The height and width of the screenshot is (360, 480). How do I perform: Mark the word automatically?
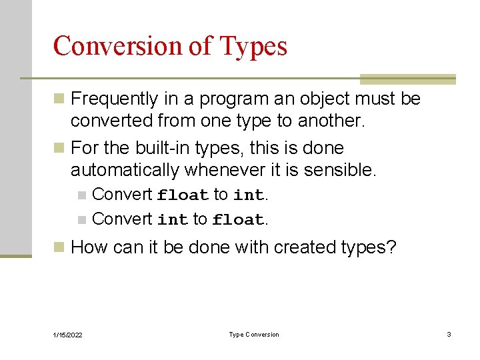[x=125, y=170]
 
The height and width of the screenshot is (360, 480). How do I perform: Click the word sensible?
[x=339, y=170]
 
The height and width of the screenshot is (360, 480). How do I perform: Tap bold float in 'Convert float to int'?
[x=183, y=195]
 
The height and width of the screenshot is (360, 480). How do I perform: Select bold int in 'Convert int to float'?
[x=173, y=219]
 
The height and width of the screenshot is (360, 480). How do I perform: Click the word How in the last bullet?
[x=89, y=247]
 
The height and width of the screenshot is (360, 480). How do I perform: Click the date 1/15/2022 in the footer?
[x=68, y=335]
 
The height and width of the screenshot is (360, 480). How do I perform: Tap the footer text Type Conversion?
[x=254, y=335]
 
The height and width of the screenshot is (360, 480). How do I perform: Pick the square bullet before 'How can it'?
[x=59, y=248]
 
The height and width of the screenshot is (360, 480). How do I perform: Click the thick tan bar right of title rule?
[x=407, y=79]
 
